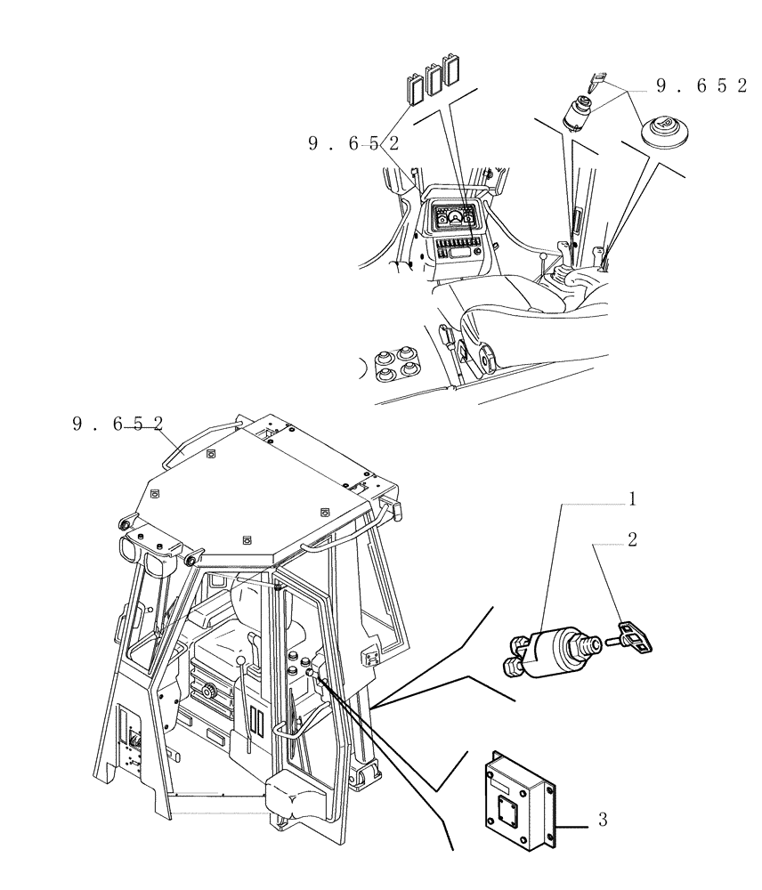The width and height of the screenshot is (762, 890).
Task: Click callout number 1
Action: [x=631, y=499]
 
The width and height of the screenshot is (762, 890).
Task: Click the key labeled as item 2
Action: [x=636, y=635]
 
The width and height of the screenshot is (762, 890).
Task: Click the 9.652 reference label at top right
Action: [x=701, y=86]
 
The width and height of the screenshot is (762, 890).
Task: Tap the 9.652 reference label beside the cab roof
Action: [x=118, y=425]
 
